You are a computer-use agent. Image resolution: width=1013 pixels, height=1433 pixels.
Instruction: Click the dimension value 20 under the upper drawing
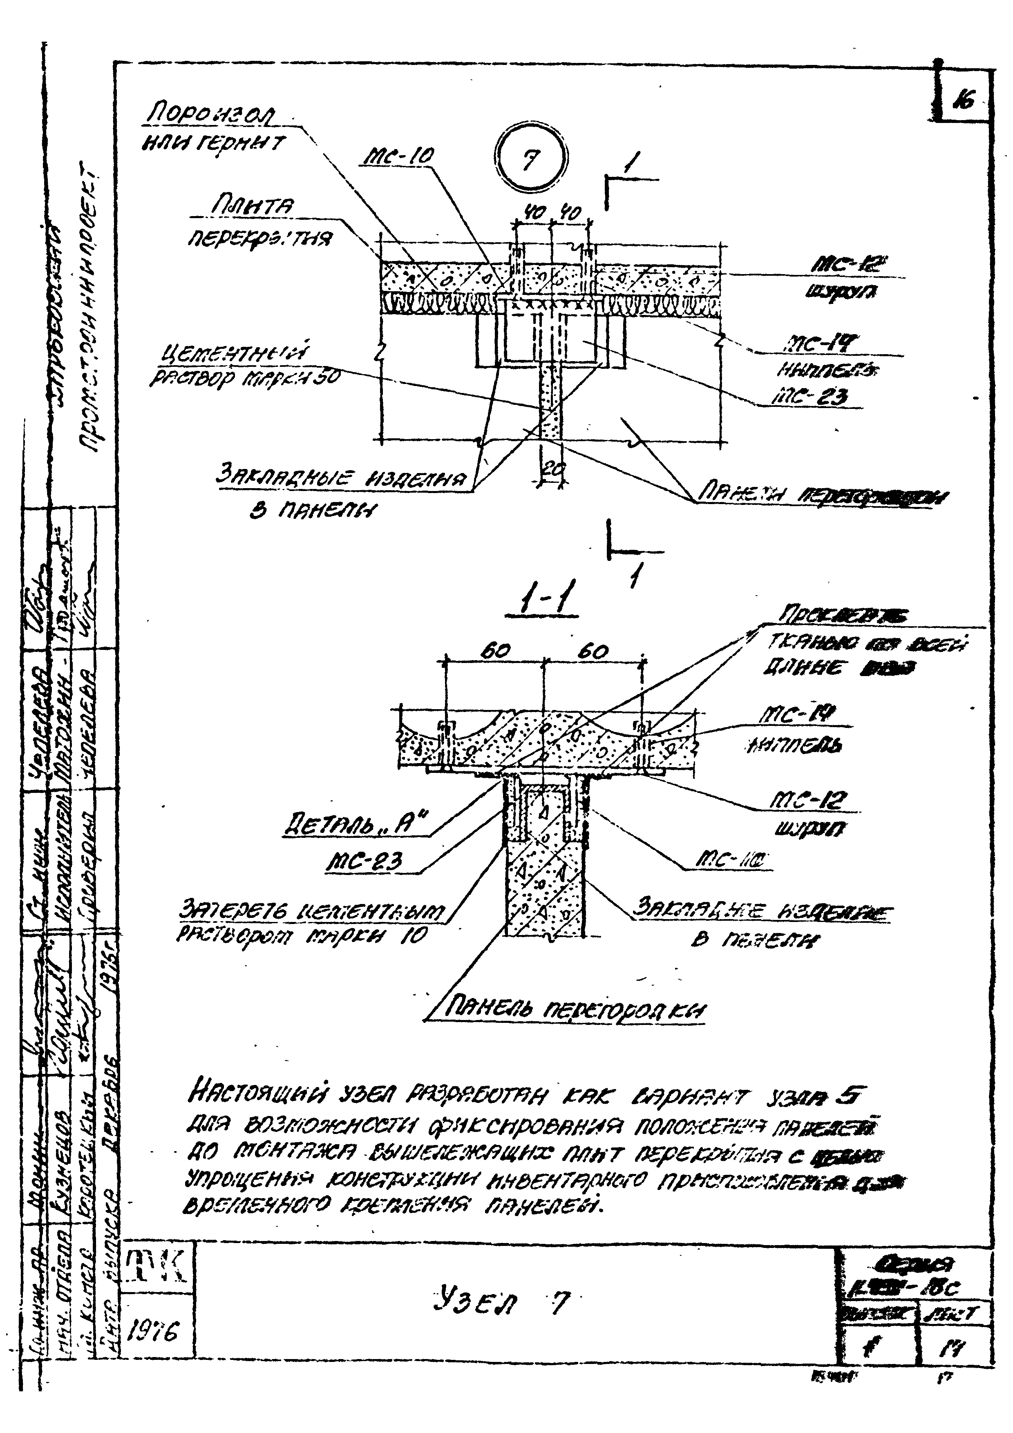[x=549, y=473]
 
